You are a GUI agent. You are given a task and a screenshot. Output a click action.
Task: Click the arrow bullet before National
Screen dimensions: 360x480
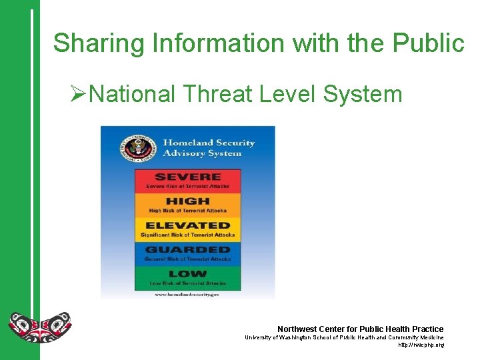point(78,94)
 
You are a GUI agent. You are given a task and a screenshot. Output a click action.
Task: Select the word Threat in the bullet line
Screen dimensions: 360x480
point(217,94)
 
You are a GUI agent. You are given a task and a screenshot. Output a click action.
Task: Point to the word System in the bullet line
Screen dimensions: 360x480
point(363,94)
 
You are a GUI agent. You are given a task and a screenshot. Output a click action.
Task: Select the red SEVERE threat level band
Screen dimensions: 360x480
point(188,181)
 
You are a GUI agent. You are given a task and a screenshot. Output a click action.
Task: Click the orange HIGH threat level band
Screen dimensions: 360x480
point(188,205)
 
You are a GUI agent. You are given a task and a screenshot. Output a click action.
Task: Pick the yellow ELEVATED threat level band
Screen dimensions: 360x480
point(188,229)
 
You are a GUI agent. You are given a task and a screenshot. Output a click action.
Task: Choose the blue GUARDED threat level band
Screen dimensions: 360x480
point(188,254)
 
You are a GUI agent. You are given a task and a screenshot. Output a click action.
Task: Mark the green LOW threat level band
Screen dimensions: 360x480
point(188,278)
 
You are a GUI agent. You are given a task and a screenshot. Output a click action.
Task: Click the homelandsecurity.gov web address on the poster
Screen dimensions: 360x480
point(187,294)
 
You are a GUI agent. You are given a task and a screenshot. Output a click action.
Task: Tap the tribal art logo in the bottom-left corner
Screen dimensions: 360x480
point(39,327)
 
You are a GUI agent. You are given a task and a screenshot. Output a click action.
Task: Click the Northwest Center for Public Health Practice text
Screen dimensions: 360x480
point(360,329)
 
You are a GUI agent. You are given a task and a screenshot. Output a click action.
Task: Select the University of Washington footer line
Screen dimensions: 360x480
point(343,337)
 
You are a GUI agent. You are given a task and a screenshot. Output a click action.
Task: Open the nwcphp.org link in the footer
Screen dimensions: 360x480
point(421,345)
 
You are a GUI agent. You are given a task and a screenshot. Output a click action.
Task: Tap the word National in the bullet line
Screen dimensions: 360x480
point(132,94)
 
